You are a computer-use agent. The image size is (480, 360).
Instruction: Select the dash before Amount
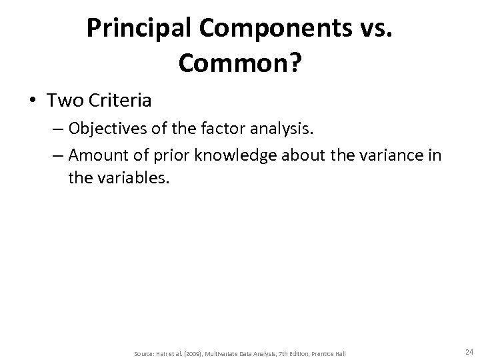tap(58, 155)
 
